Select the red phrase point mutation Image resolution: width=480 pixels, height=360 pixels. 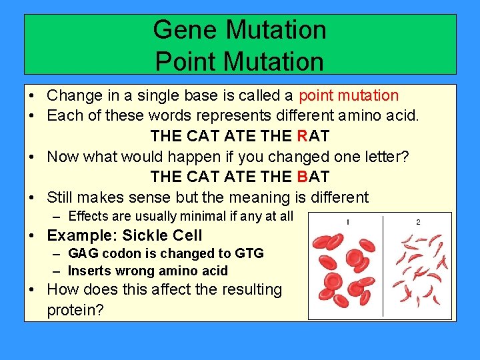[349, 95]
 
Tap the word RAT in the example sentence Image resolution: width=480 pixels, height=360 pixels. [313, 136]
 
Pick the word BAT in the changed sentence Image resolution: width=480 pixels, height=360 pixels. [313, 177]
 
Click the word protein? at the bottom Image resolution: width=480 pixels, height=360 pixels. [75, 310]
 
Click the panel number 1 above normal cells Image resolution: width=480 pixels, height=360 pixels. [348, 222]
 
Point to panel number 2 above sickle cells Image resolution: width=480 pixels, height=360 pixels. [418, 222]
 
